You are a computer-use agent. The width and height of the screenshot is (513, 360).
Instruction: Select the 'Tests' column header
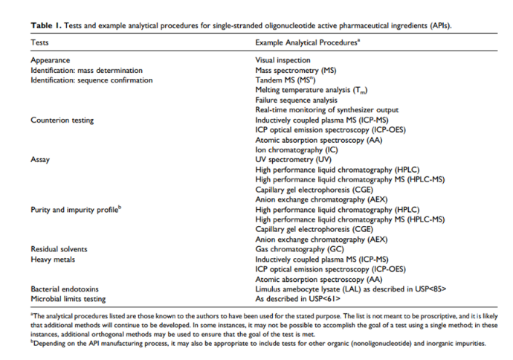pos(40,43)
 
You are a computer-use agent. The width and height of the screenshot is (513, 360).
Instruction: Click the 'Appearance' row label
pos(51,60)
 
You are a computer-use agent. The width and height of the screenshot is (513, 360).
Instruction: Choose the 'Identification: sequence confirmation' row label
pos(91,80)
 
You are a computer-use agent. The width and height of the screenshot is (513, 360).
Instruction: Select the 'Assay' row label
pos(40,159)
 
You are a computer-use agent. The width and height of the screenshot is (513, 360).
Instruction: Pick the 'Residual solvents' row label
pos(59,248)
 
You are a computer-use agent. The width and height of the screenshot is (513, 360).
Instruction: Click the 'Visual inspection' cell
pos(283,60)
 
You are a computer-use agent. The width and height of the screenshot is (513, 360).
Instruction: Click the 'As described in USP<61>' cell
pos(298,298)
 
